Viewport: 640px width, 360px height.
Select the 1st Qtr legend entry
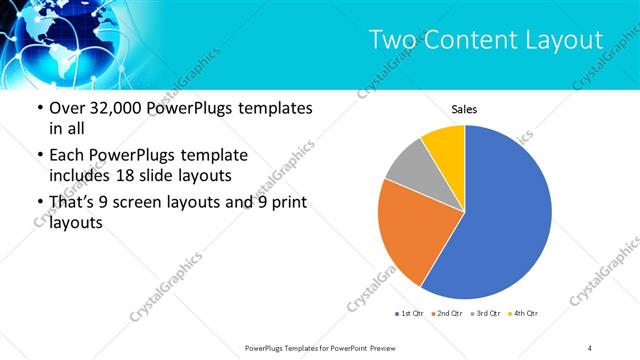(x=408, y=314)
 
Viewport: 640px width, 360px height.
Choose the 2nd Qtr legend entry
(x=445, y=314)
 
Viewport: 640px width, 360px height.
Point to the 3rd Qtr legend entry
(x=484, y=314)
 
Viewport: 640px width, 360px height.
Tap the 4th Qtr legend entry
(x=522, y=314)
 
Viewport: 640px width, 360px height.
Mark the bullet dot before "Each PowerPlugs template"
(x=39, y=156)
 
